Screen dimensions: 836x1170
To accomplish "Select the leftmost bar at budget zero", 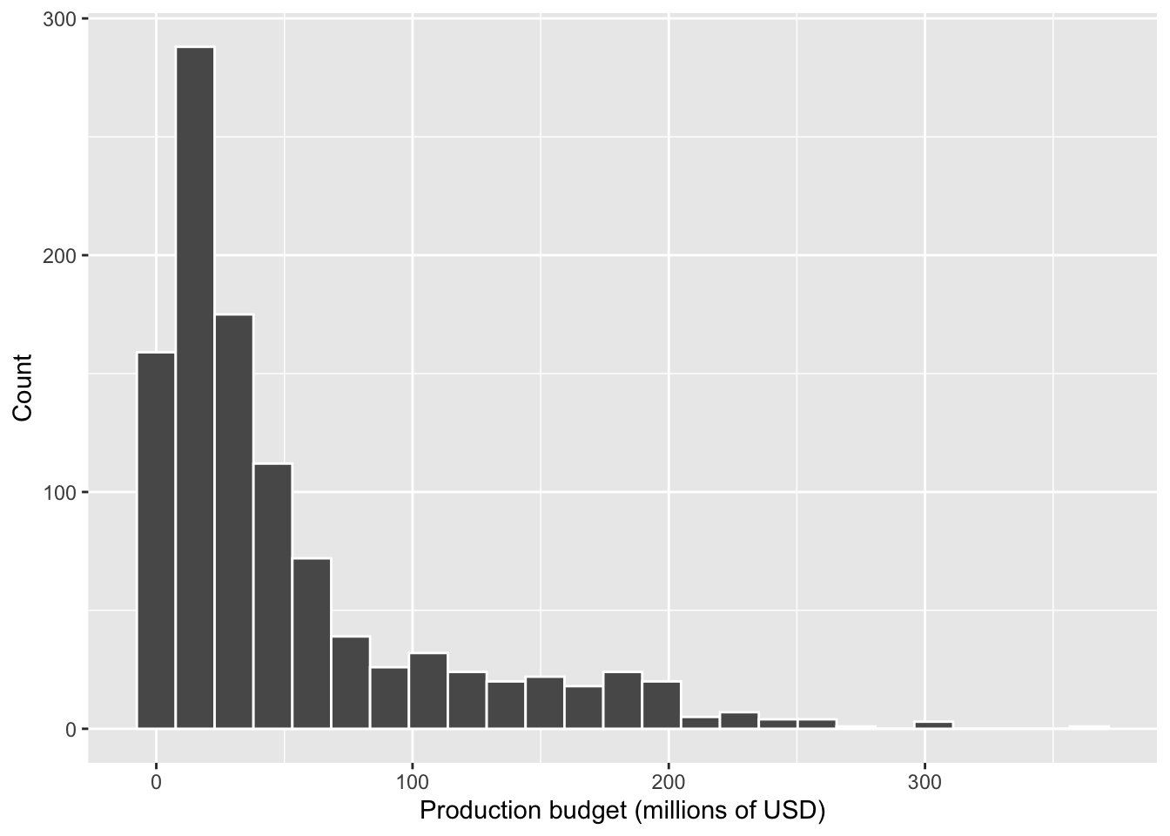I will pos(156,540).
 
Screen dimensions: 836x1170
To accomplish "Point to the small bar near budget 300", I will pos(933,725).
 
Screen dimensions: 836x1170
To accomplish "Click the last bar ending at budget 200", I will pos(662,705).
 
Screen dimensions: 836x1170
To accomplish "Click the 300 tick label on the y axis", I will pos(59,19).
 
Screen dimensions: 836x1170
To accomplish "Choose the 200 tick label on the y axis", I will pos(59,256).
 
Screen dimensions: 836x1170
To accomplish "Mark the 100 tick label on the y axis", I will pos(59,493).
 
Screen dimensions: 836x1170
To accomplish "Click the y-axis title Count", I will pos(23,388).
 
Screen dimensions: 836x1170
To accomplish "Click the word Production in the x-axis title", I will pos(477,812).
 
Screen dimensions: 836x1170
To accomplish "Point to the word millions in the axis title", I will pos(682,812).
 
